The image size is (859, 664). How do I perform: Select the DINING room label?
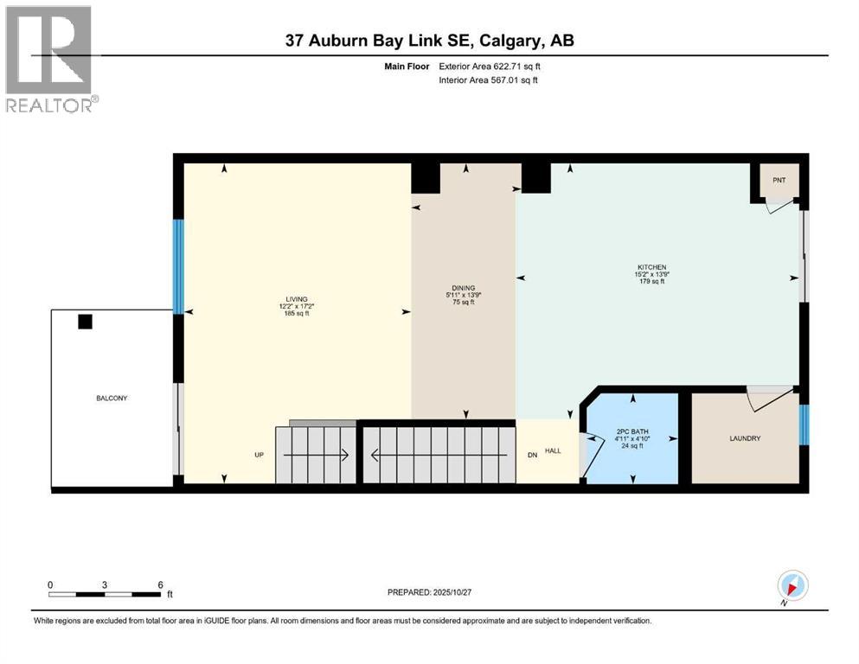tap(463, 288)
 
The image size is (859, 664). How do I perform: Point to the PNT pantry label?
tap(779, 181)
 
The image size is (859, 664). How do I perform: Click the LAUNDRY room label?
tap(745, 438)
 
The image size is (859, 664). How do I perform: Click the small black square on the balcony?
tap(85, 322)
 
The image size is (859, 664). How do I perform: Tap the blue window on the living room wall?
tap(178, 266)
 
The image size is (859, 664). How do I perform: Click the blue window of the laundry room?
tap(804, 423)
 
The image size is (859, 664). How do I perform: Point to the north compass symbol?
tap(792, 585)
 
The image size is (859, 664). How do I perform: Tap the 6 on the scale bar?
tap(160, 584)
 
